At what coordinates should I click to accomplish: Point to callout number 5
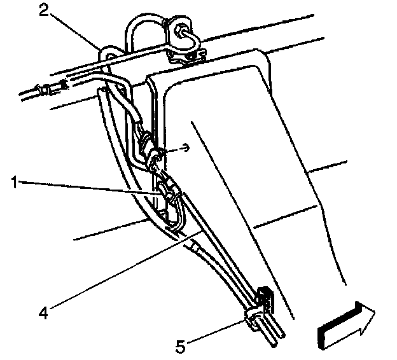(x=181, y=347)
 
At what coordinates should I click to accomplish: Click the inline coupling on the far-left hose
(x=47, y=92)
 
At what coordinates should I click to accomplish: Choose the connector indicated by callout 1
(x=164, y=191)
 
